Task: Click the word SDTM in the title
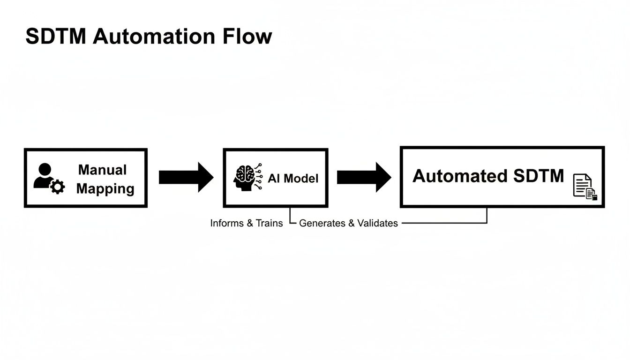tap(56, 37)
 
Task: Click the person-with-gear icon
tap(48, 179)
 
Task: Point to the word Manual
tap(102, 169)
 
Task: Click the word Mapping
tap(105, 188)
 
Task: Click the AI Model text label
tap(293, 178)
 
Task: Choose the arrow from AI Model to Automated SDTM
tap(364, 177)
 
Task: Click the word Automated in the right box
tap(460, 176)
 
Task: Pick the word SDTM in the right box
tap(539, 176)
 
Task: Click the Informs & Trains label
tap(246, 223)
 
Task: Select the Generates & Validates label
tap(348, 223)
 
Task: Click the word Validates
tap(377, 223)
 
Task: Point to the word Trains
tap(269, 223)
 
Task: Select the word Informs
tap(227, 223)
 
